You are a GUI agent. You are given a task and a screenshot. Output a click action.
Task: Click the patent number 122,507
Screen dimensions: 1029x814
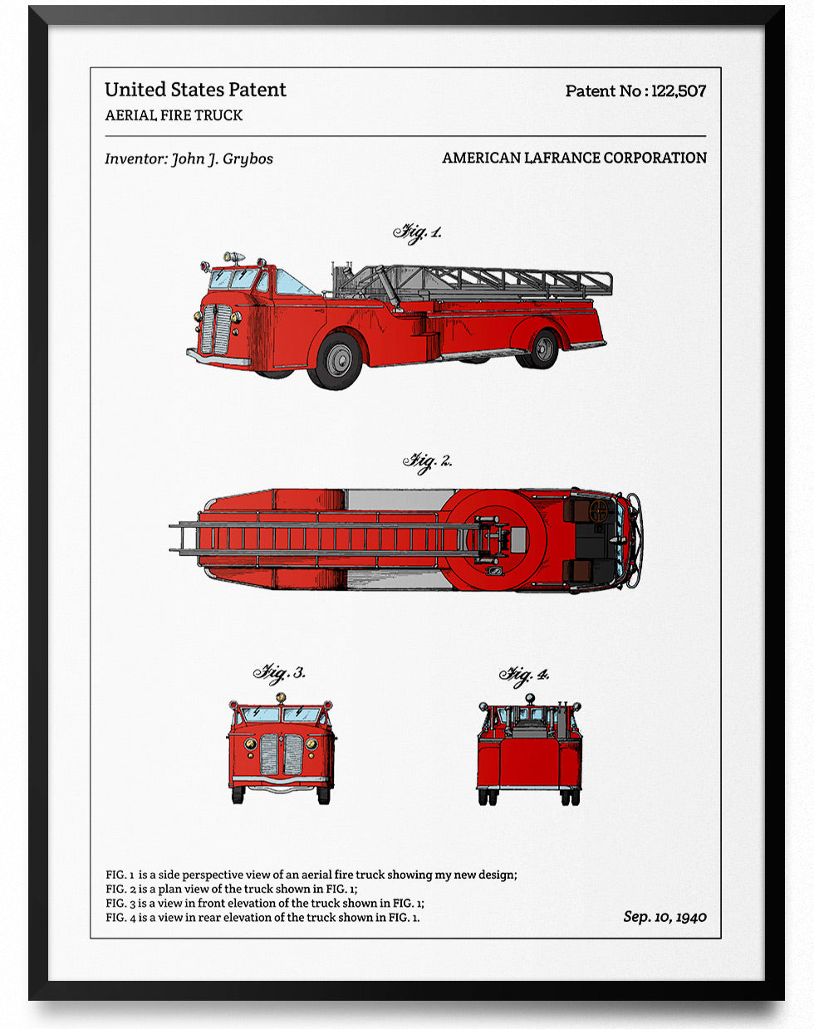tap(679, 91)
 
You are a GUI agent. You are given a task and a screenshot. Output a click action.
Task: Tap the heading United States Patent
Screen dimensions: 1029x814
tap(195, 90)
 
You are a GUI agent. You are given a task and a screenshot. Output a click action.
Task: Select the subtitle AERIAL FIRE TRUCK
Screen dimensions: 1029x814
tap(174, 115)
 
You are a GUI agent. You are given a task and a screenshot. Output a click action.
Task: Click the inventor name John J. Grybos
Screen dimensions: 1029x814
tap(222, 158)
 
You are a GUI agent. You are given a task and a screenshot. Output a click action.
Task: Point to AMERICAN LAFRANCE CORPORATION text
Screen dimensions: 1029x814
tap(574, 158)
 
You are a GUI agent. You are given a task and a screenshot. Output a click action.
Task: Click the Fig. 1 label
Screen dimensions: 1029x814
tap(417, 232)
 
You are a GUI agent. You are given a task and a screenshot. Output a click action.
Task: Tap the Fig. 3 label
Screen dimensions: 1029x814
tap(279, 672)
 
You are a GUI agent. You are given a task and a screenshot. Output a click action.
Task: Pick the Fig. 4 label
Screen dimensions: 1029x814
tap(524, 675)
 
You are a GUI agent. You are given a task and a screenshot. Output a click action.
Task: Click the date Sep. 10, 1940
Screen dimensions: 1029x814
tap(664, 916)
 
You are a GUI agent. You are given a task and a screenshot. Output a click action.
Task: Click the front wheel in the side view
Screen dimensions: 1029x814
tap(337, 360)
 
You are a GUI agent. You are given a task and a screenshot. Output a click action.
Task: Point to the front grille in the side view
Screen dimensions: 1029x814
tap(218, 329)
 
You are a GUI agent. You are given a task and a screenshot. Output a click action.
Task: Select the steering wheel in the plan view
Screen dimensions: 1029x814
tap(600, 511)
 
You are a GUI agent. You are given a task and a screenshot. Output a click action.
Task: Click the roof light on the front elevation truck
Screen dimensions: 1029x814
tap(281, 698)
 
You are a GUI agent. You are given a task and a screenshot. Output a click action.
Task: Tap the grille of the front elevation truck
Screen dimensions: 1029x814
tap(282, 753)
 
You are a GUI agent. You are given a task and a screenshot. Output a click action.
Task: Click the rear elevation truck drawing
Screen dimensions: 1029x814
tap(529, 752)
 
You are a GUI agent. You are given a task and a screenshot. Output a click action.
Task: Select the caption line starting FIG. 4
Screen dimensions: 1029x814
tap(262, 917)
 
